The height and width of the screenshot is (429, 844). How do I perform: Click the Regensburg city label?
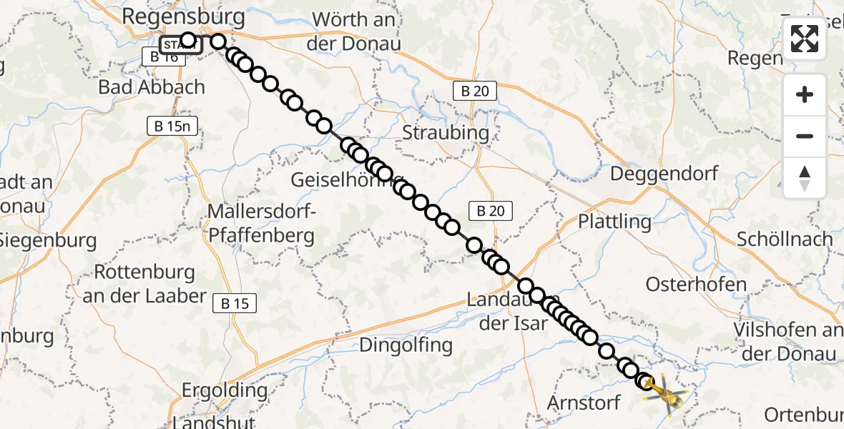[184, 16]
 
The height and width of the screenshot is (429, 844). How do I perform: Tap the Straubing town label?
[446, 132]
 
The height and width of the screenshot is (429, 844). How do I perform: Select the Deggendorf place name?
[664, 174]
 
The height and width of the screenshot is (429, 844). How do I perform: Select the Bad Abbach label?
[152, 87]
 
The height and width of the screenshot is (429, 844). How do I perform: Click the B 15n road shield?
[172, 126]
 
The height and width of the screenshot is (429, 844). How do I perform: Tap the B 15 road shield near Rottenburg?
[235, 303]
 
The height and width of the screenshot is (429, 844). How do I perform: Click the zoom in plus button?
[805, 94]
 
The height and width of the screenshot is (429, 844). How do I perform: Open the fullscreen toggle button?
[805, 39]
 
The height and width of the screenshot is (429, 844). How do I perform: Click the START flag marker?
[179, 45]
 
